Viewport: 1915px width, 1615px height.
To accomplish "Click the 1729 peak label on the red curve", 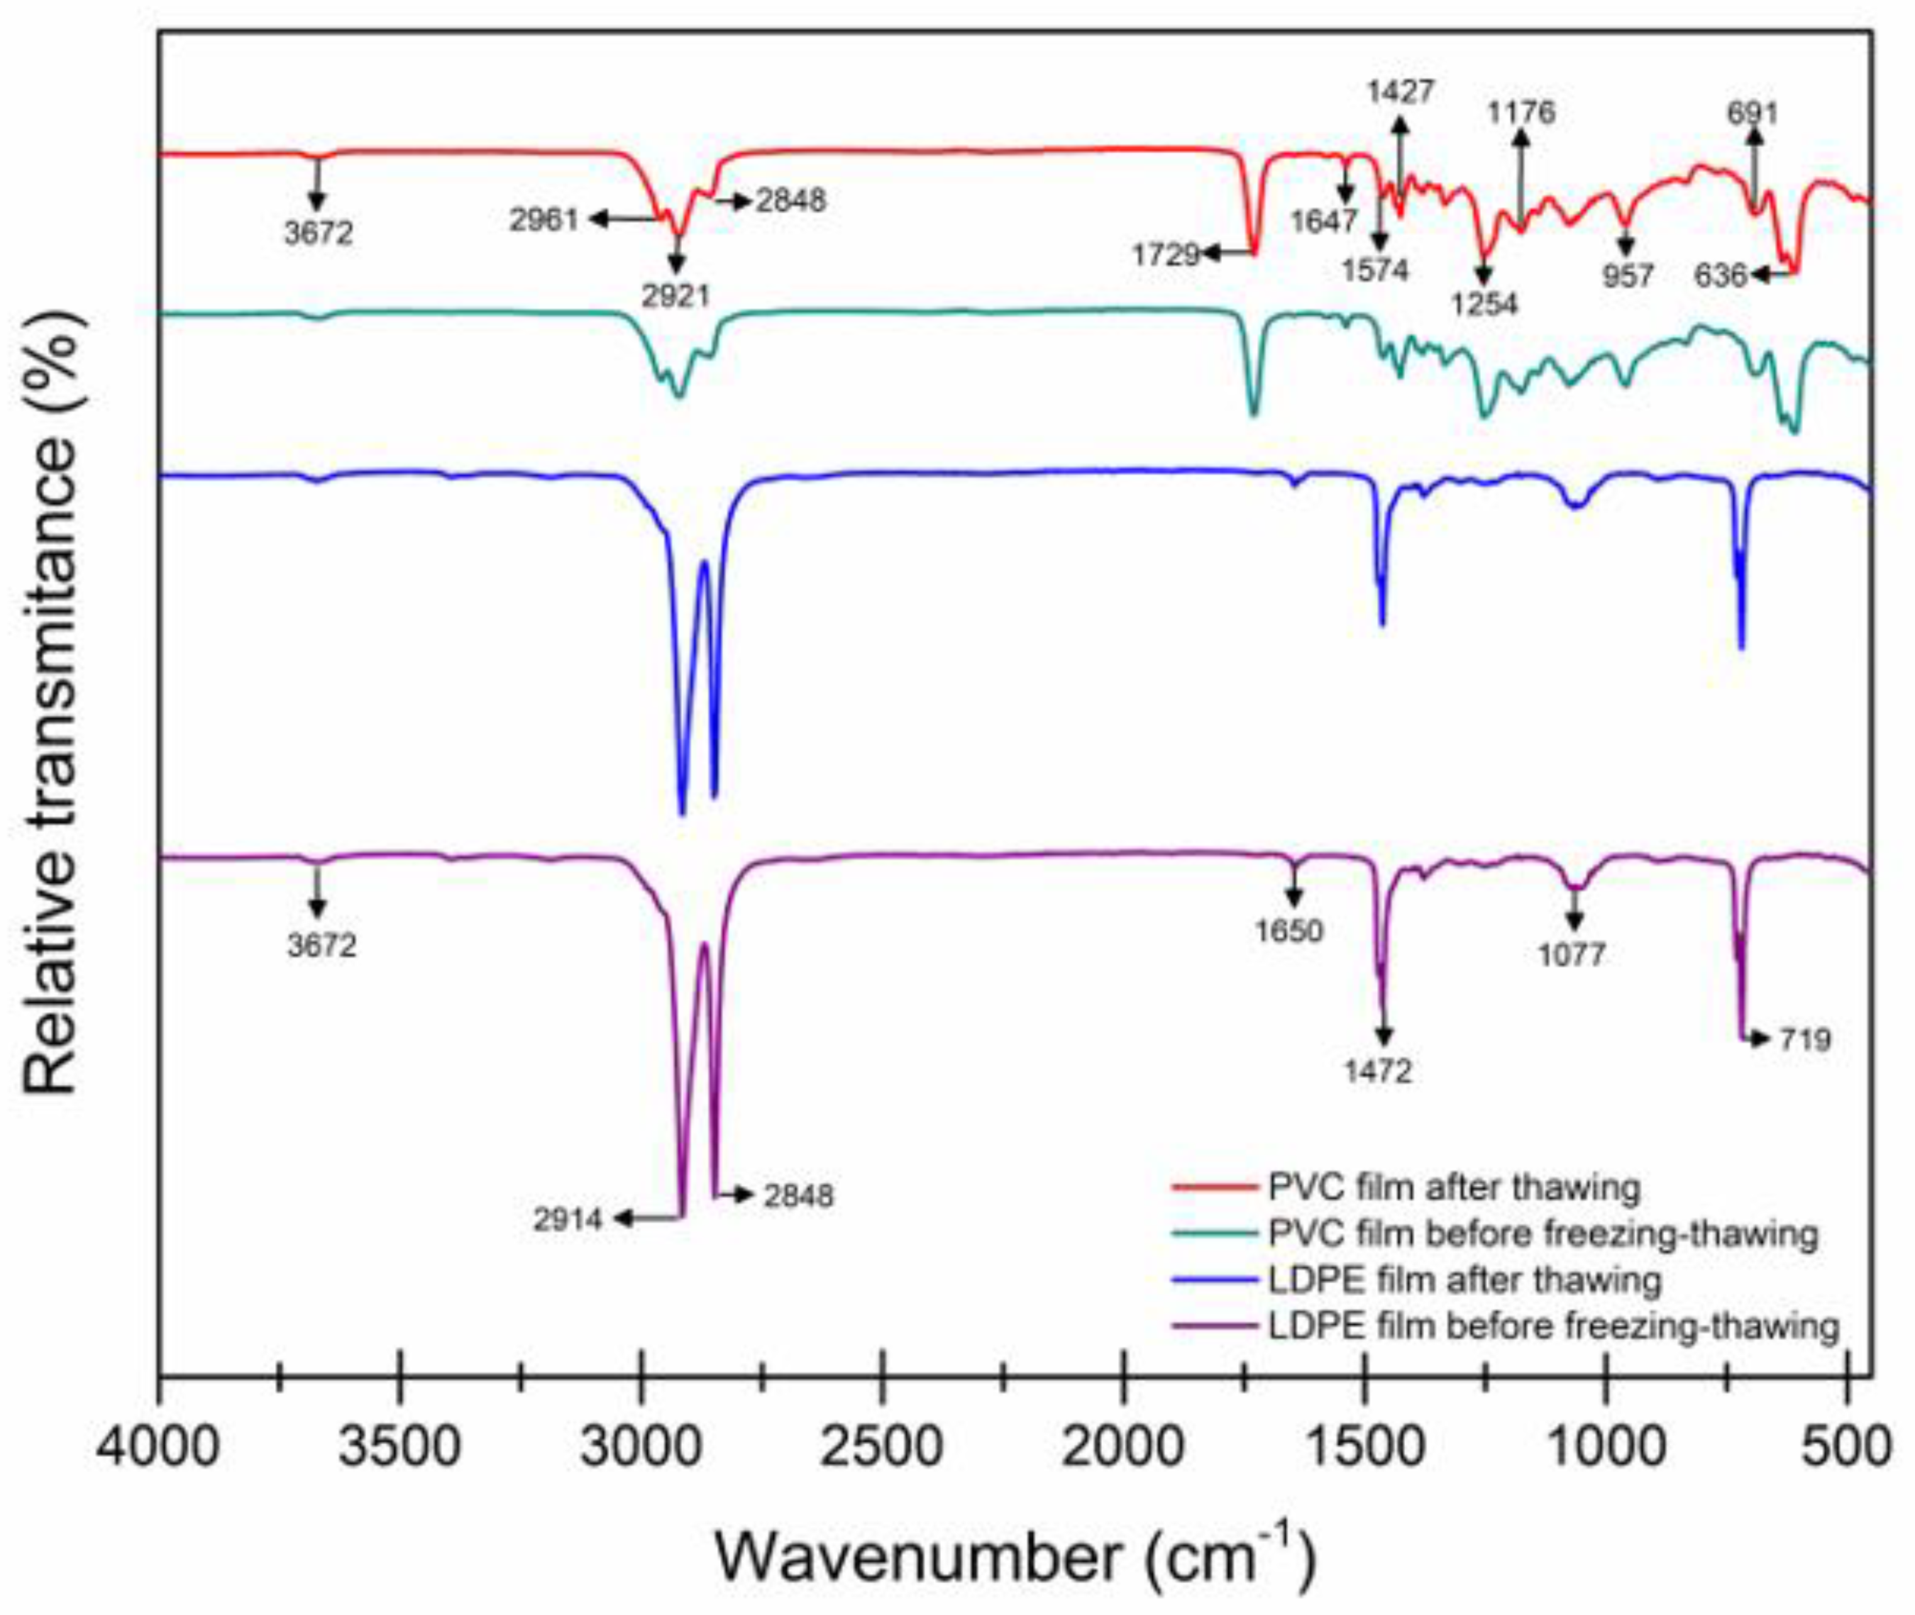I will point(1165,255).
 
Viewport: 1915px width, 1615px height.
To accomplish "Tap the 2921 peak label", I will point(676,295).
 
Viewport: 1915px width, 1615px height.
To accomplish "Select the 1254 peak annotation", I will point(1484,303).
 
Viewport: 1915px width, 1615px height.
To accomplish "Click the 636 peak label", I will point(1721,274).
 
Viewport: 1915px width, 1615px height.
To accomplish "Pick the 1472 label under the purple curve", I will point(1379,1070).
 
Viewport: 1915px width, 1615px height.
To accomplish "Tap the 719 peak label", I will point(1804,1039).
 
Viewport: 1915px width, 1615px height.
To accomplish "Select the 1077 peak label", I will point(1572,955).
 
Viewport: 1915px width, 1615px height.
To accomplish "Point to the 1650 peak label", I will point(1289,931).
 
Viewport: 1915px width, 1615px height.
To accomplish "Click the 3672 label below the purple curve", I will point(321,945).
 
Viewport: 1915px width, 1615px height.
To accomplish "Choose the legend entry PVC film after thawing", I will point(1453,1187).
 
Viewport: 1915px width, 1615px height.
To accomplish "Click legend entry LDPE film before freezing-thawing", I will point(1553,1326).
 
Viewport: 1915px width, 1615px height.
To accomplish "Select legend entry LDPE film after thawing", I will point(1464,1279).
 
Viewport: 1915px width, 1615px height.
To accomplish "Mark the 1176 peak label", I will point(1521,113).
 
